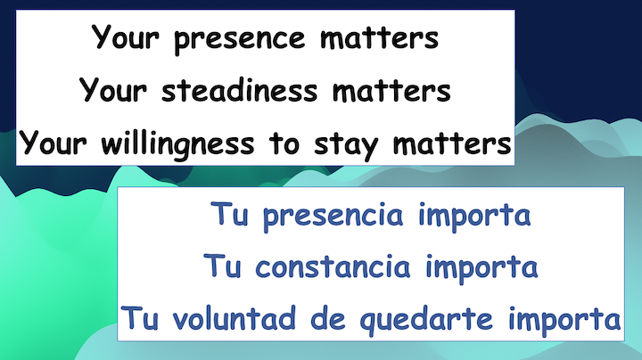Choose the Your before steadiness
tap(115, 90)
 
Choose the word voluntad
tap(229, 318)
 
